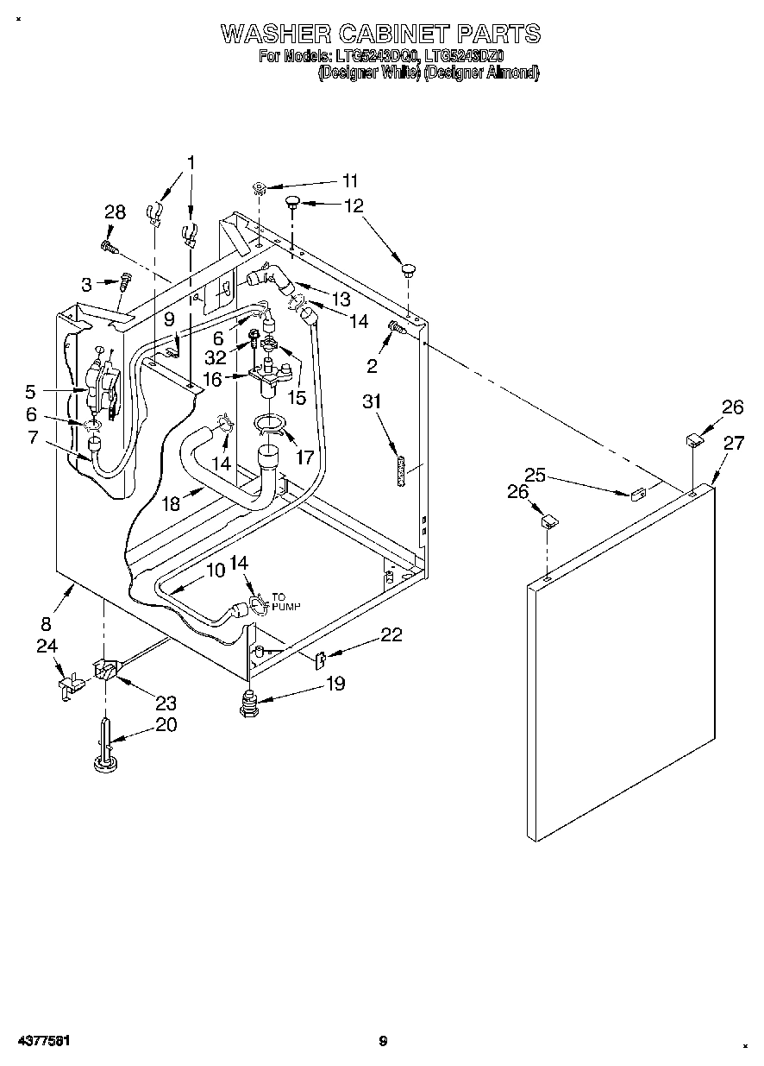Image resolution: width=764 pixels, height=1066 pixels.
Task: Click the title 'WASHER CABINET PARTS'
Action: coord(380,34)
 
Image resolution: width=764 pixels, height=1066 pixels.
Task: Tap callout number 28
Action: coord(115,213)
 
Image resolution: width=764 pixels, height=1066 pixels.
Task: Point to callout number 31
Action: coord(371,402)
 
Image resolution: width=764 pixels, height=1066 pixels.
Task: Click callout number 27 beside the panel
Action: coord(733,444)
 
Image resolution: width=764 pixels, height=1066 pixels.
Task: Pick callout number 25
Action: coord(535,475)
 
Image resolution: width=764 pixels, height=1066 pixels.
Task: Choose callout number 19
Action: coord(335,684)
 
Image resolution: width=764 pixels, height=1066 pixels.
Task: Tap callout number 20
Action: coord(166,725)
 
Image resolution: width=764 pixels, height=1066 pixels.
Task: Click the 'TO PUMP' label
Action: coord(285,602)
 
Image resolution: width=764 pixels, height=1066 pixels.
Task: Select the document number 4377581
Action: coord(41,1041)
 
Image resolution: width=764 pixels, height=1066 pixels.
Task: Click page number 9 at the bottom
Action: coord(383,1042)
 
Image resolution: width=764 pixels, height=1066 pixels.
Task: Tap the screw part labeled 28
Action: coord(109,248)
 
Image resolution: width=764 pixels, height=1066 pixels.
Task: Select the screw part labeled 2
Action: coord(397,327)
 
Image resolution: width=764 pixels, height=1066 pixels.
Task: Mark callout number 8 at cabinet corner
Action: coord(47,623)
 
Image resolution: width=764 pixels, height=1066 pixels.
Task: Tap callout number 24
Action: coord(47,646)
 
